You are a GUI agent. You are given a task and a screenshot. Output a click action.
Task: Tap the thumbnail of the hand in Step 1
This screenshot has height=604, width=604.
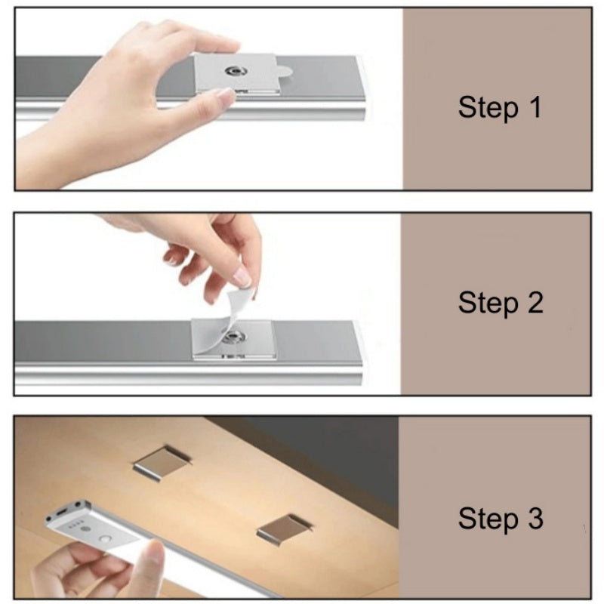[225, 97]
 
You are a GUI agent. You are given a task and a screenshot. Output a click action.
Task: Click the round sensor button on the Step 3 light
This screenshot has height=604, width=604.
[105, 541]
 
